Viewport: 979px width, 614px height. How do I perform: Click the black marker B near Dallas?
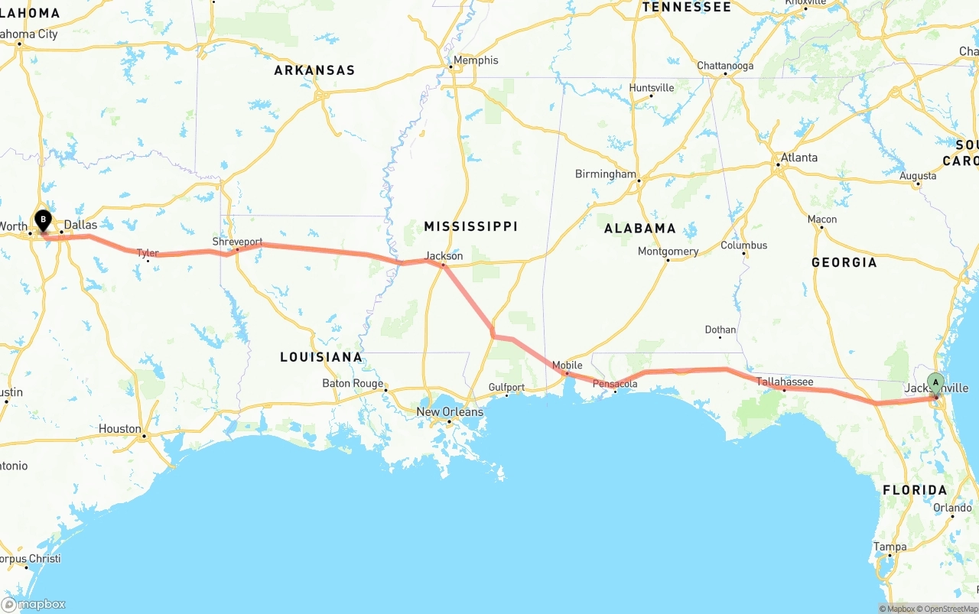pos(44,221)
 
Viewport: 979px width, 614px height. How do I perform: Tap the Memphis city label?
pos(475,60)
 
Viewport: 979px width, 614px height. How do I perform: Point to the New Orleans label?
pos(450,412)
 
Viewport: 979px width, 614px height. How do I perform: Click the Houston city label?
pos(119,429)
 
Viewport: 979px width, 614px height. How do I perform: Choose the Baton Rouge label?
pos(353,384)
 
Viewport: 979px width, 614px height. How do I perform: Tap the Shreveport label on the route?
pos(237,242)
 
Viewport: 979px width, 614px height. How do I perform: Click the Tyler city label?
pos(148,253)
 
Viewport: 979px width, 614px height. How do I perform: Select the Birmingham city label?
pos(605,174)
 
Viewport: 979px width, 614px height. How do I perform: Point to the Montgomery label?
pos(668,252)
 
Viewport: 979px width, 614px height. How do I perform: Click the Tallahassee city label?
pos(785,382)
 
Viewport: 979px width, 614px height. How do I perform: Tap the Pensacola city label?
pos(615,384)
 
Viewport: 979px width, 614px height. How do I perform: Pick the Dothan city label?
pos(720,330)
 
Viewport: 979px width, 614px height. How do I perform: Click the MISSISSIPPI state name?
pos(471,226)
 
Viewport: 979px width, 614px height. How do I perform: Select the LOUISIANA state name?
pos(320,357)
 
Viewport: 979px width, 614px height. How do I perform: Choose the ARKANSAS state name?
pos(314,70)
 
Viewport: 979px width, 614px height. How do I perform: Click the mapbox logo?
pos(34,604)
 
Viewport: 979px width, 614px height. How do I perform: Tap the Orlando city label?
pos(952,508)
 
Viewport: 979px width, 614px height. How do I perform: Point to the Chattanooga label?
pos(725,66)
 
